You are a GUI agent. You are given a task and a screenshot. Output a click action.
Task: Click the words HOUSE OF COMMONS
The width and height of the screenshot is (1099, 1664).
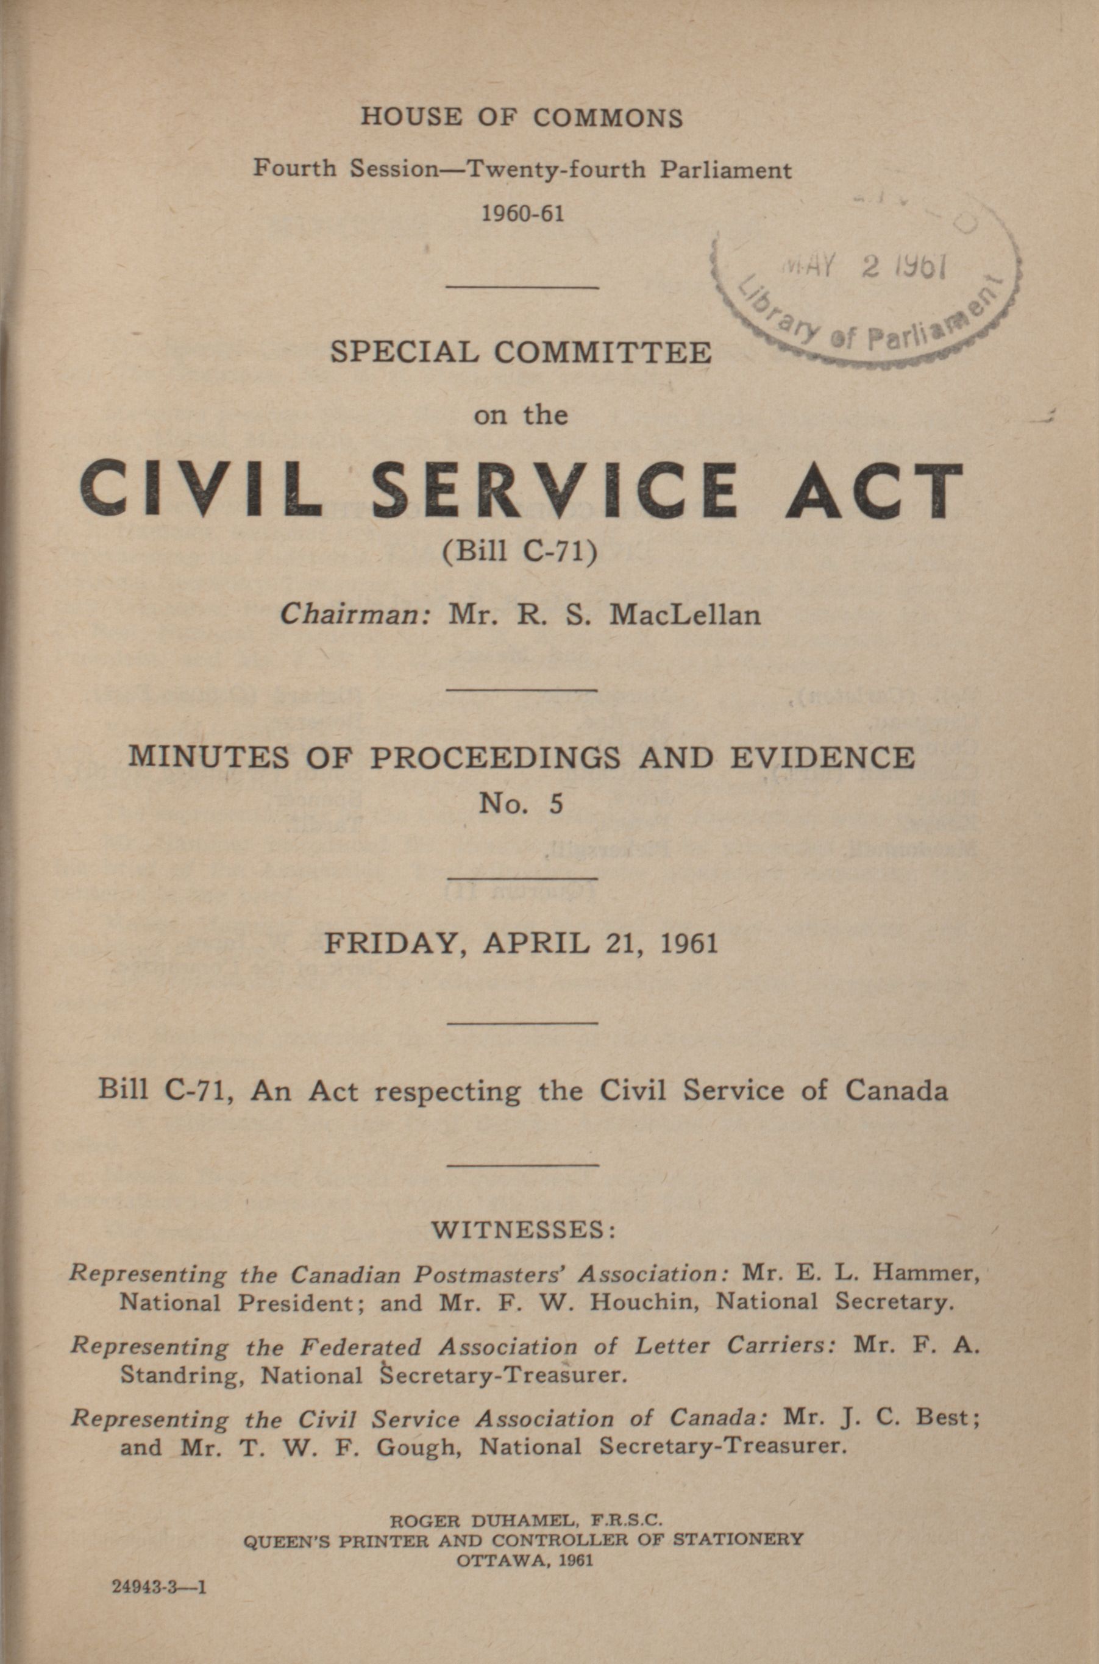[522, 117]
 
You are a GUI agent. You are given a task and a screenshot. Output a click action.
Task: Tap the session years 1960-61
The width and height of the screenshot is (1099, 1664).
[522, 212]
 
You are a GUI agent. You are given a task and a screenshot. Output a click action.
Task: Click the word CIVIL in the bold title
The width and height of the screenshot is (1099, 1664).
[201, 489]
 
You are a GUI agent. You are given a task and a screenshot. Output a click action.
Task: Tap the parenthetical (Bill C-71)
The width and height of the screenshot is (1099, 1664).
[520, 553]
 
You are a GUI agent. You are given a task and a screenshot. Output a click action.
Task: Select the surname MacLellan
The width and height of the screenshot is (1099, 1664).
[685, 615]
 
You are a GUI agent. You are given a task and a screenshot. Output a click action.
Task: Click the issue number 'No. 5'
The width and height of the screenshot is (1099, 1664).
[520, 803]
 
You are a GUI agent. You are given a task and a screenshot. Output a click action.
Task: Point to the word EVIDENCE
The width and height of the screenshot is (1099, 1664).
[822, 758]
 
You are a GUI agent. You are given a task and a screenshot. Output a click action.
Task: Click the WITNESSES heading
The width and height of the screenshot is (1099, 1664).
[523, 1230]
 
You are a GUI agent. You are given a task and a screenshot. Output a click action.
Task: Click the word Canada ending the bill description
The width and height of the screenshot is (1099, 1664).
[896, 1090]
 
